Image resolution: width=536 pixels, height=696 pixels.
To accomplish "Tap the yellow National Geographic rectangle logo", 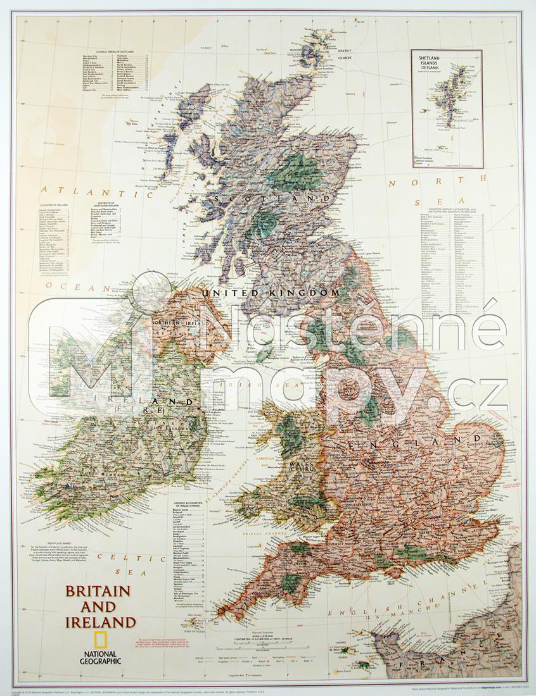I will [x=99, y=640].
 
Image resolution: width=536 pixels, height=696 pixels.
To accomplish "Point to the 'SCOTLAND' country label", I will [x=273, y=199].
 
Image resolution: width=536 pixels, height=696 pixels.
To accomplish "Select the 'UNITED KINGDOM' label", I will [x=269, y=293].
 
